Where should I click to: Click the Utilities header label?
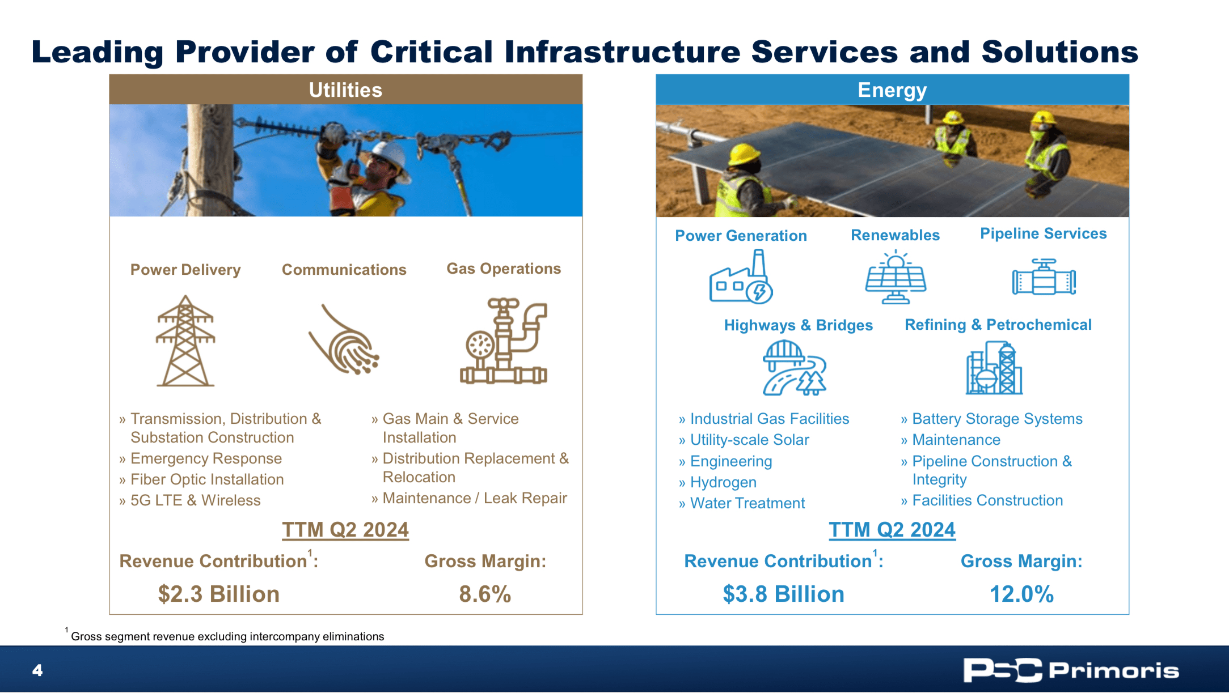pos(345,90)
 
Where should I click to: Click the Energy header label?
pos(892,90)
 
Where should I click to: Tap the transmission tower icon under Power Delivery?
pos(185,341)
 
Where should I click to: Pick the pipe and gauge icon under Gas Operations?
pos(503,341)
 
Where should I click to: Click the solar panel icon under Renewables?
pos(895,278)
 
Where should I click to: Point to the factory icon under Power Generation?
pos(741,278)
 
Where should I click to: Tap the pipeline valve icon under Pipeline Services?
pos(1044,278)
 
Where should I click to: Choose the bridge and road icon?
pos(794,368)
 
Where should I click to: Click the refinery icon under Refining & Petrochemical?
pos(994,368)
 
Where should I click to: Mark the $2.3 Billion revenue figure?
pos(218,594)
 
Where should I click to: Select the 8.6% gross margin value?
pos(485,594)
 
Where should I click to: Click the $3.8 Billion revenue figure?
pos(783,594)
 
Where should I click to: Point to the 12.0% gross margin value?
pos(1021,594)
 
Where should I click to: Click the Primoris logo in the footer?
pos(1070,670)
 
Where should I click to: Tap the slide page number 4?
pos(37,670)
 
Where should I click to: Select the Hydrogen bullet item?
pos(723,482)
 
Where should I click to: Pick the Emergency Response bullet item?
pos(206,458)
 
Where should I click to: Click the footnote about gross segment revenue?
pos(227,636)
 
